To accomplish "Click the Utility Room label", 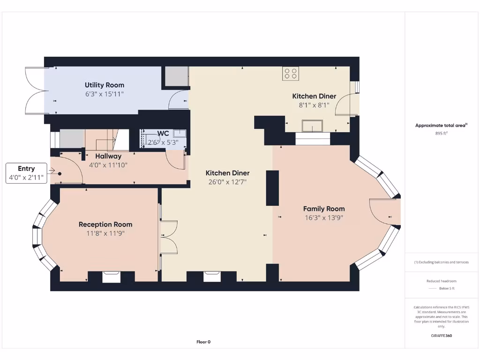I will click(105, 85).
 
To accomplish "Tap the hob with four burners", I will click(291, 73).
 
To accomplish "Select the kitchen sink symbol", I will click(312, 126).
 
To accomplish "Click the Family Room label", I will click(323, 209).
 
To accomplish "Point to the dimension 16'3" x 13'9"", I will click(323, 217).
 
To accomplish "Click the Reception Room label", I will click(105, 225).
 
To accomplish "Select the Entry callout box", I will click(26, 173).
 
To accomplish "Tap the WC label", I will click(163, 134).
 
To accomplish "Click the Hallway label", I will click(108, 156).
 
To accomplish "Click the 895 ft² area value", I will click(442, 133).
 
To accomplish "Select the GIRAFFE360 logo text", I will click(442, 336).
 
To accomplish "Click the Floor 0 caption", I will click(203, 342).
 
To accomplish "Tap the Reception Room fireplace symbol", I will click(112, 277).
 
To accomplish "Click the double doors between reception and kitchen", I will click(168, 237).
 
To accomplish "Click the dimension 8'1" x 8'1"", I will click(314, 105).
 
